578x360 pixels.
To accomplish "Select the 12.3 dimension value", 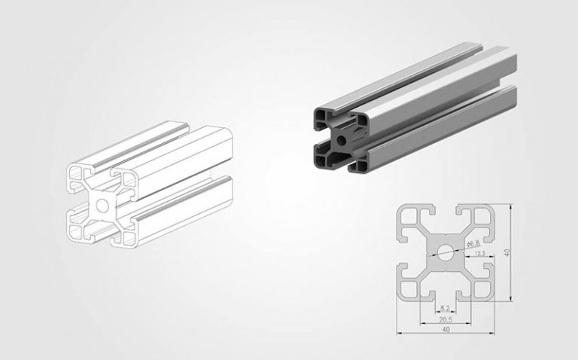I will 480,255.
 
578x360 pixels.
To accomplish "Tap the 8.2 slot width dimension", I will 444,308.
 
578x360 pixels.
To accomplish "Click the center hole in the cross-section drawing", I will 445,253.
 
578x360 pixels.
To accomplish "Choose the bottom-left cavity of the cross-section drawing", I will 410,287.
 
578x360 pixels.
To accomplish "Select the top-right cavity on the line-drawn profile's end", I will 126,179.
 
